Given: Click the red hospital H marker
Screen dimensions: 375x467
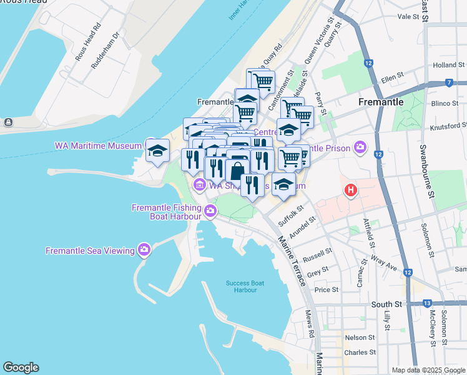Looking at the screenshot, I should click(351, 190).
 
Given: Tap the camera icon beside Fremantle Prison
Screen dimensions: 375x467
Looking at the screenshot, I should click(360, 147).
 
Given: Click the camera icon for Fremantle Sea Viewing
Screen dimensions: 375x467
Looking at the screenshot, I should click(144, 251).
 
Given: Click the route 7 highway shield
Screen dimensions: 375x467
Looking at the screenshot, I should click(449, 82).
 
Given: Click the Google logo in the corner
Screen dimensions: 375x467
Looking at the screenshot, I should click(21, 367).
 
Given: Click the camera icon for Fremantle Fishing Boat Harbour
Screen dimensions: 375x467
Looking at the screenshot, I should click(211, 210).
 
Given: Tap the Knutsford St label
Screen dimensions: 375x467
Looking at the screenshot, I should click(448, 127).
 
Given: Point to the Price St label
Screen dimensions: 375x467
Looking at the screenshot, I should click(327, 290).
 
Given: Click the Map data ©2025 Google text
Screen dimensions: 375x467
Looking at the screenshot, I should click(428, 370).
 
